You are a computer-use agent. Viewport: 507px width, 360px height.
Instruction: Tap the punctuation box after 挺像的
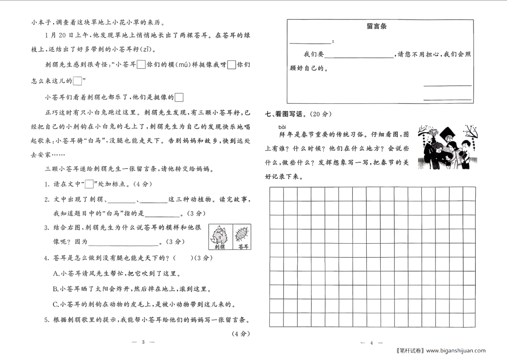tap(179, 97)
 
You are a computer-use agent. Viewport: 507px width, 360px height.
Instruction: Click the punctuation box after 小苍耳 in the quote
tap(141, 65)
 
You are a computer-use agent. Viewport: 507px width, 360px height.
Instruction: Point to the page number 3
tap(143, 342)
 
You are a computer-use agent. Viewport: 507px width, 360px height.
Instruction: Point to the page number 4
tap(371, 343)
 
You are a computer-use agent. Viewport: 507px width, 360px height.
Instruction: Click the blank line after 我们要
tap(359, 55)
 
